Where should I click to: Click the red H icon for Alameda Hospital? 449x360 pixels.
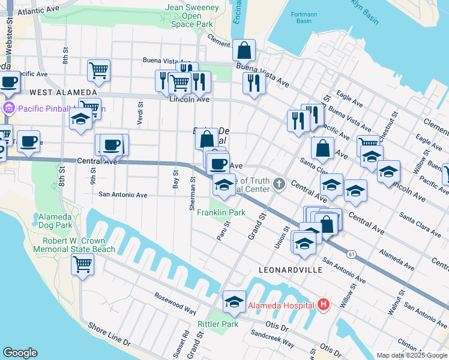(324, 305)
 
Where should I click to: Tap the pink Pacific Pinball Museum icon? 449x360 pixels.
(8, 109)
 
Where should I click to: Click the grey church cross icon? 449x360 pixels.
(278, 184)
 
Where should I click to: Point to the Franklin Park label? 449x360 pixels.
(221, 213)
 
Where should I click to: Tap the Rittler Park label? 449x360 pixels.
(218, 324)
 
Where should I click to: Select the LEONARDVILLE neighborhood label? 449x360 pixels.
(291, 271)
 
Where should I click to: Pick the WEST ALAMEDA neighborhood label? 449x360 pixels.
(63, 92)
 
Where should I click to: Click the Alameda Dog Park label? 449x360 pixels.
(55, 221)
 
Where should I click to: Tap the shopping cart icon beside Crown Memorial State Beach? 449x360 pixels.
(82, 263)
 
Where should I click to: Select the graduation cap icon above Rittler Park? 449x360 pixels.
(234, 301)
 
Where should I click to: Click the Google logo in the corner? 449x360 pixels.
(20, 353)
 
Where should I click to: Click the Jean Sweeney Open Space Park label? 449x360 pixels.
(191, 16)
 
